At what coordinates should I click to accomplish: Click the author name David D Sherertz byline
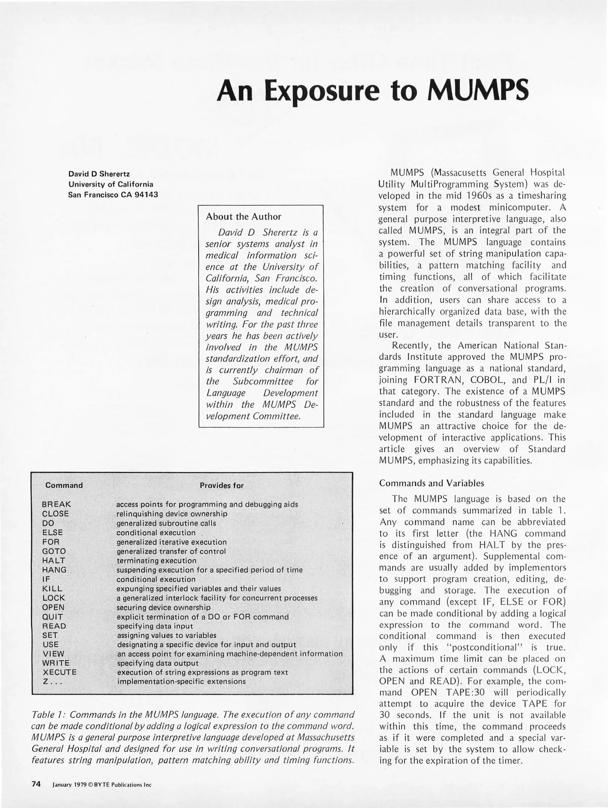[99, 174]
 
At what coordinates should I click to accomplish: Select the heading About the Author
[243, 217]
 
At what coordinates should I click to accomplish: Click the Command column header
[64, 485]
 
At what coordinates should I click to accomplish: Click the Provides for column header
[221, 486]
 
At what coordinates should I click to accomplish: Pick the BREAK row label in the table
[56, 504]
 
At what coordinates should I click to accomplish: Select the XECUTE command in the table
[59, 672]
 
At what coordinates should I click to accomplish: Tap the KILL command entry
[52, 588]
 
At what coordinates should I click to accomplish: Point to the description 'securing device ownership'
[164, 607]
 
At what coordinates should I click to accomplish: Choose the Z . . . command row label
[52, 681]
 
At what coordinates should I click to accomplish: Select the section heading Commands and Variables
[431, 483]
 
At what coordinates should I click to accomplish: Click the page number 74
[36, 784]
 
